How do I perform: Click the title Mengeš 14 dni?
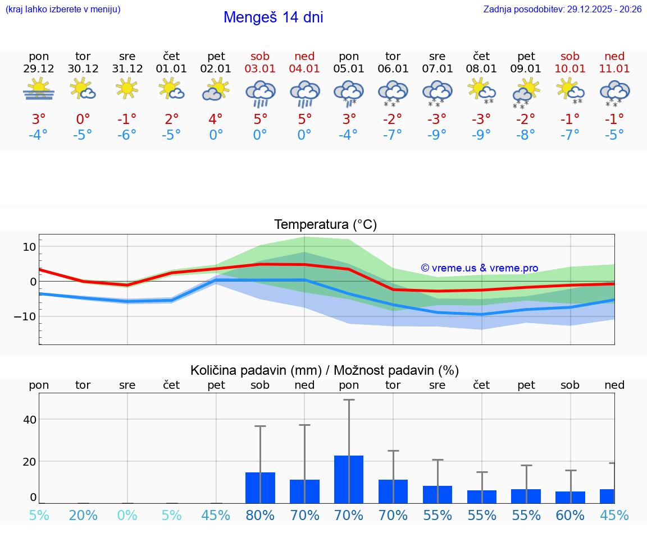click(273, 17)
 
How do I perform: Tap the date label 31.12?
click(127, 69)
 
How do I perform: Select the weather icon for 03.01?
click(261, 93)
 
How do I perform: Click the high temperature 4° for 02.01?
click(216, 119)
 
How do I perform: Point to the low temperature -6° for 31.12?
click(127, 135)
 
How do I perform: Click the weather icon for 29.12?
click(39, 90)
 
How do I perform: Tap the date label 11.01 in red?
click(614, 69)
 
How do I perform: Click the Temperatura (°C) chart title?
click(325, 225)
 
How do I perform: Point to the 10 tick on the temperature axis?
click(29, 247)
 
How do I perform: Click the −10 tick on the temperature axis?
click(26, 316)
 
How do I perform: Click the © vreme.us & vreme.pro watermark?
click(479, 268)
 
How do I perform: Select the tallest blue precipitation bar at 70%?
click(349, 479)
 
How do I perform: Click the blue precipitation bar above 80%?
click(261, 488)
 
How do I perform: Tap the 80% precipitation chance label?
click(261, 515)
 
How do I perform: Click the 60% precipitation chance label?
click(570, 515)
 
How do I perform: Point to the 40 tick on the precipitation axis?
click(29, 420)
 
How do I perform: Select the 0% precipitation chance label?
click(127, 515)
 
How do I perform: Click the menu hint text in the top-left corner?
click(62, 10)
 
